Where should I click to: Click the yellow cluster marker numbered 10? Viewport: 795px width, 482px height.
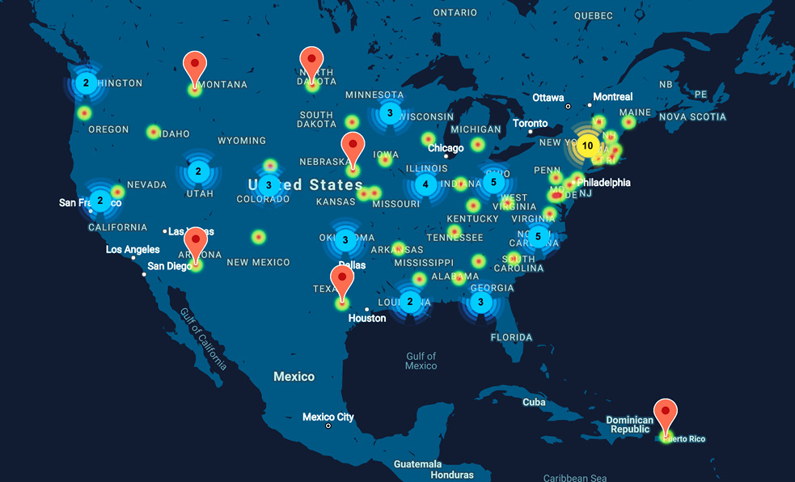(x=587, y=146)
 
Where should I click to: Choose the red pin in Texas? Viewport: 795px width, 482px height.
(x=342, y=281)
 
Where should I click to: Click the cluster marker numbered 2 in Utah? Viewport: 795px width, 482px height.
(x=198, y=171)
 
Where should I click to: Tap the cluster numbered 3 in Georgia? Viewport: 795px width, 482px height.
(x=481, y=302)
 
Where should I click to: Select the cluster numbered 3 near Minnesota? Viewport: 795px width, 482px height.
(x=390, y=113)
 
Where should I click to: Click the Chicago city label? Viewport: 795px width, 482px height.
(x=446, y=148)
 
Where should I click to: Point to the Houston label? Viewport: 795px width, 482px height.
(x=367, y=318)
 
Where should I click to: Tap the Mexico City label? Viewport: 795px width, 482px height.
(x=328, y=417)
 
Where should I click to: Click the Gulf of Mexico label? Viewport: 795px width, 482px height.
(x=421, y=361)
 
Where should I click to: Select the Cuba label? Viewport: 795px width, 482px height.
(x=534, y=402)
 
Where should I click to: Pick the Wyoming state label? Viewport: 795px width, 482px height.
(x=242, y=141)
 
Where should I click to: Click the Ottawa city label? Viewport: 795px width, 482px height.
(x=548, y=98)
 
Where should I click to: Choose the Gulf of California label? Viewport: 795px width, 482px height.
(x=202, y=338)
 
